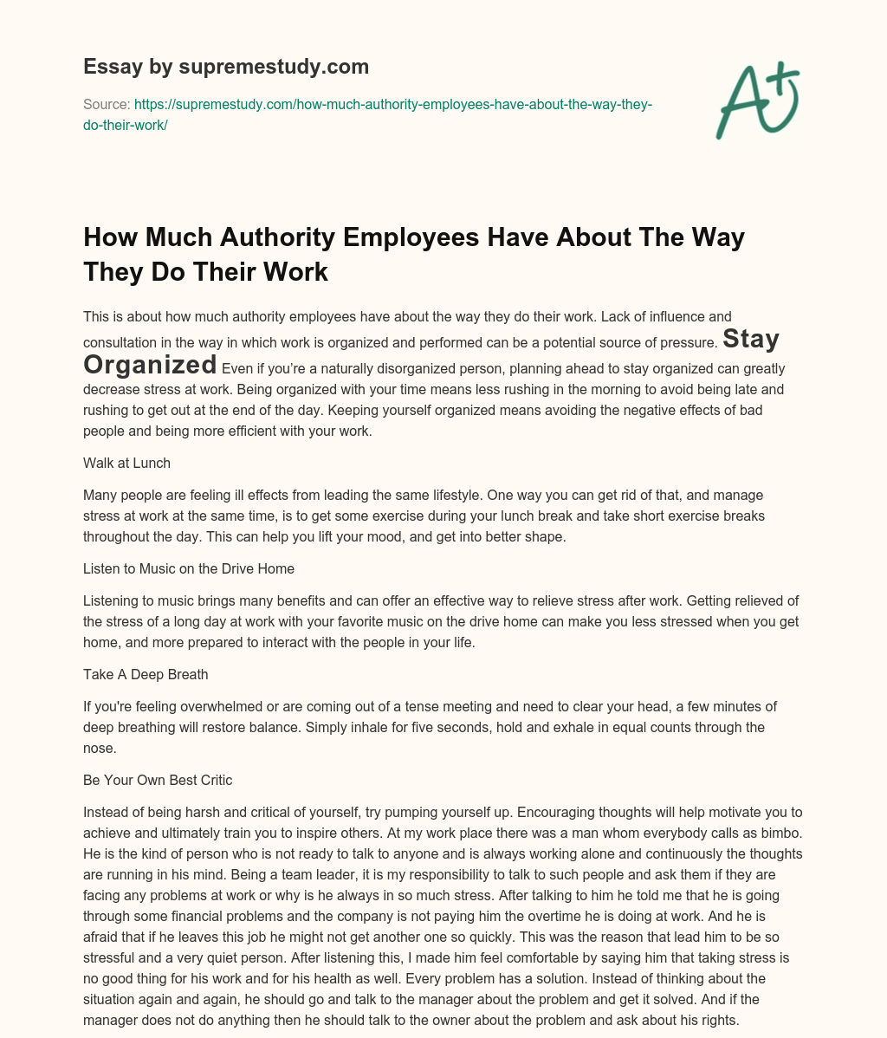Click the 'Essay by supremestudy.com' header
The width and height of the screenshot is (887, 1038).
226,67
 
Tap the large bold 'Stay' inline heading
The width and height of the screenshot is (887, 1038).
750,338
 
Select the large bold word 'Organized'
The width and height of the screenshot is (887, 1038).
150,364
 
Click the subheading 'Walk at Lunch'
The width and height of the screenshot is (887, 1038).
126,464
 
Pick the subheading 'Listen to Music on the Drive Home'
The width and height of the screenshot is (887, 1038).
189,568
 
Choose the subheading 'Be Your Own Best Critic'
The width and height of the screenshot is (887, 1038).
158,780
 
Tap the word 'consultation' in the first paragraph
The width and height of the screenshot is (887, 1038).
119,342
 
